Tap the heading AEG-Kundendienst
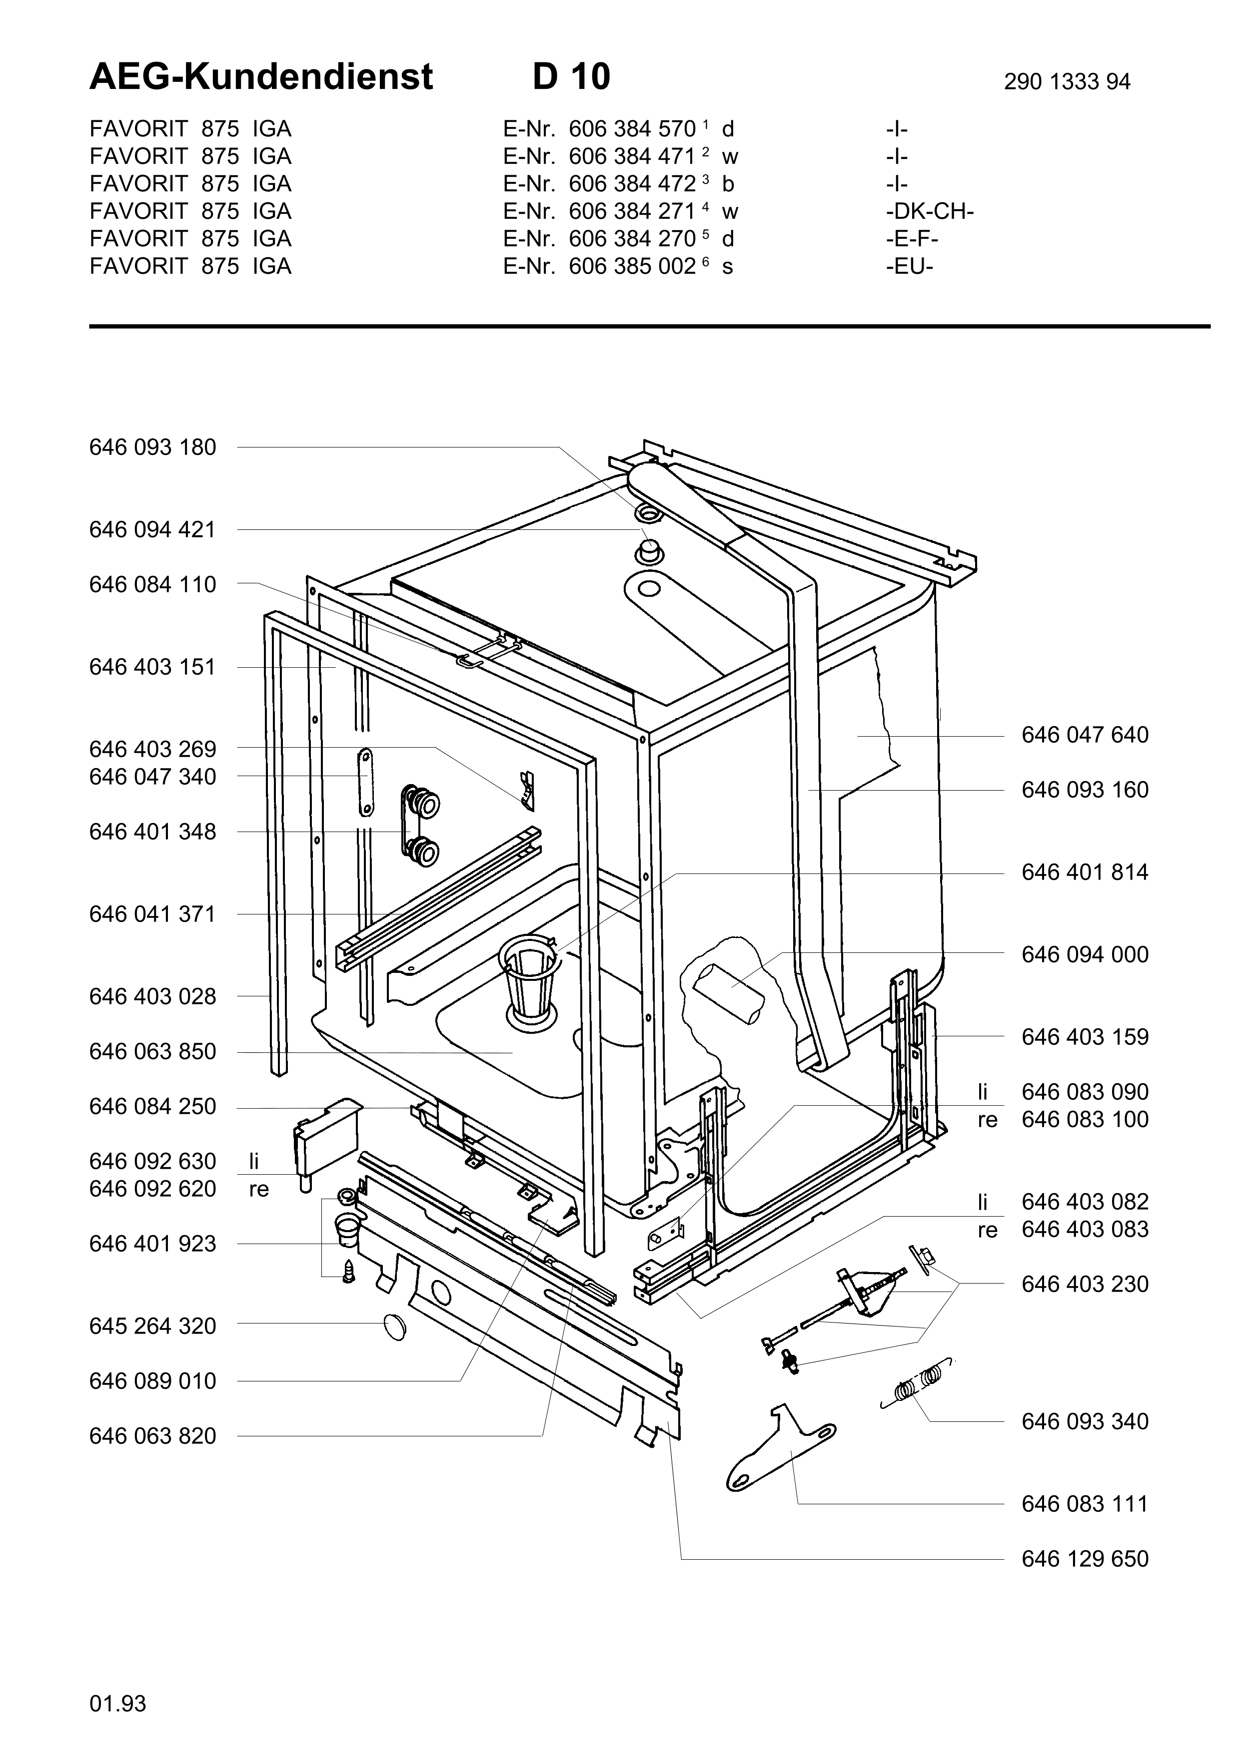click(x=261, y=77)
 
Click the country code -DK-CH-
click(x=929, y=211)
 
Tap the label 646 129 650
click(x=1084, y=1559)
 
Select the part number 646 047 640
click(x=1084, y=735)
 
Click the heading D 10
click(x=571, y=77)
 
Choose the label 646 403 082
click(x=1084, y=1202)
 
